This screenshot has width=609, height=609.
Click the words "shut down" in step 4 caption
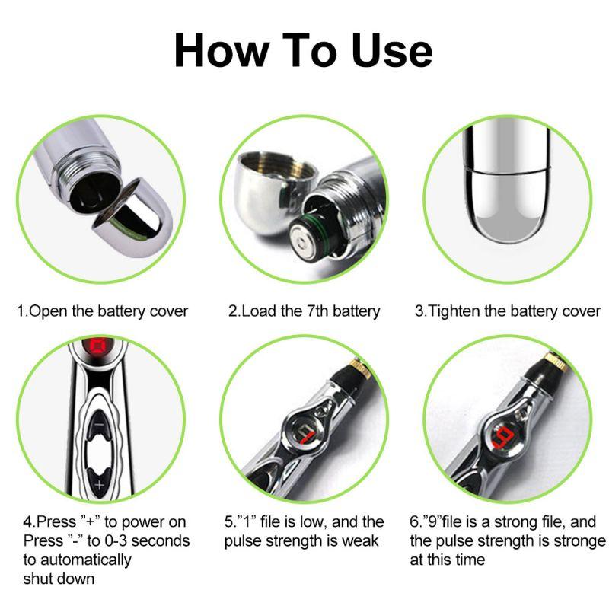(x=59, y=579)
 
